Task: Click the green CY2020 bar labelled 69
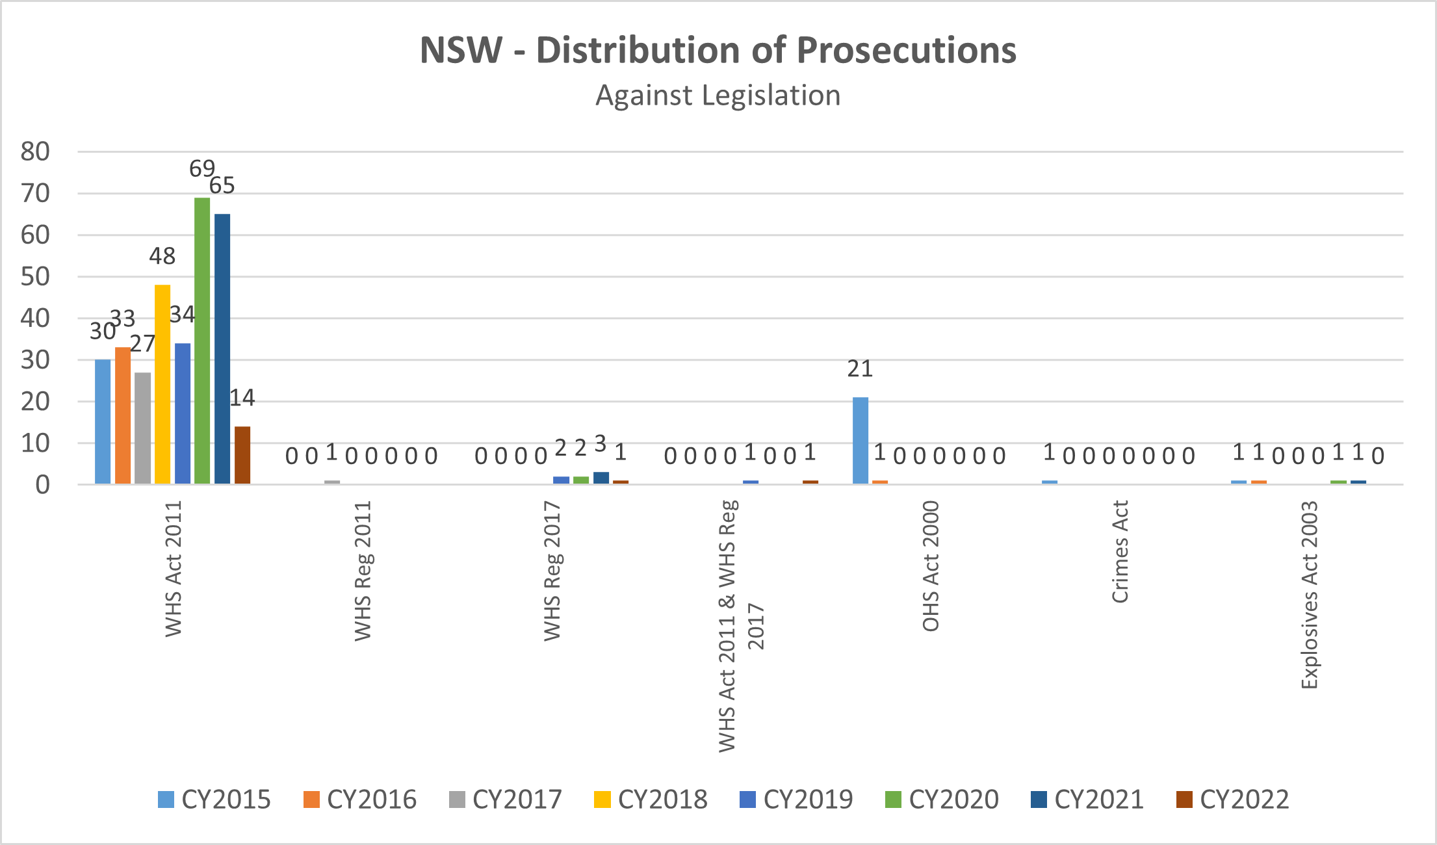202,341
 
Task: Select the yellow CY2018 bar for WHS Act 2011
162,384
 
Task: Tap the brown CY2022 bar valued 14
242,455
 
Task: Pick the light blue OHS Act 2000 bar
860,441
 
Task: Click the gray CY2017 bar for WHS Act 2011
142,428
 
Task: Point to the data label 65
222,186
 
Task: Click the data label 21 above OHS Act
860,369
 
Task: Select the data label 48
162,257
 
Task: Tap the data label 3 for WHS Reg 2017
601,445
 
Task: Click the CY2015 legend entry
214,799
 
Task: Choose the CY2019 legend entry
796,799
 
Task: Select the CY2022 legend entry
1233,799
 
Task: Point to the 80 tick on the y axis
35,152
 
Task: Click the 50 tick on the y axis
35,277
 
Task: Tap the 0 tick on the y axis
42,485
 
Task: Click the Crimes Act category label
1120,552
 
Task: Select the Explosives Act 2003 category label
1310,594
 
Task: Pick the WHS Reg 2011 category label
363,571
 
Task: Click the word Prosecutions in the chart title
907,50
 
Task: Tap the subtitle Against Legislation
718,96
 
